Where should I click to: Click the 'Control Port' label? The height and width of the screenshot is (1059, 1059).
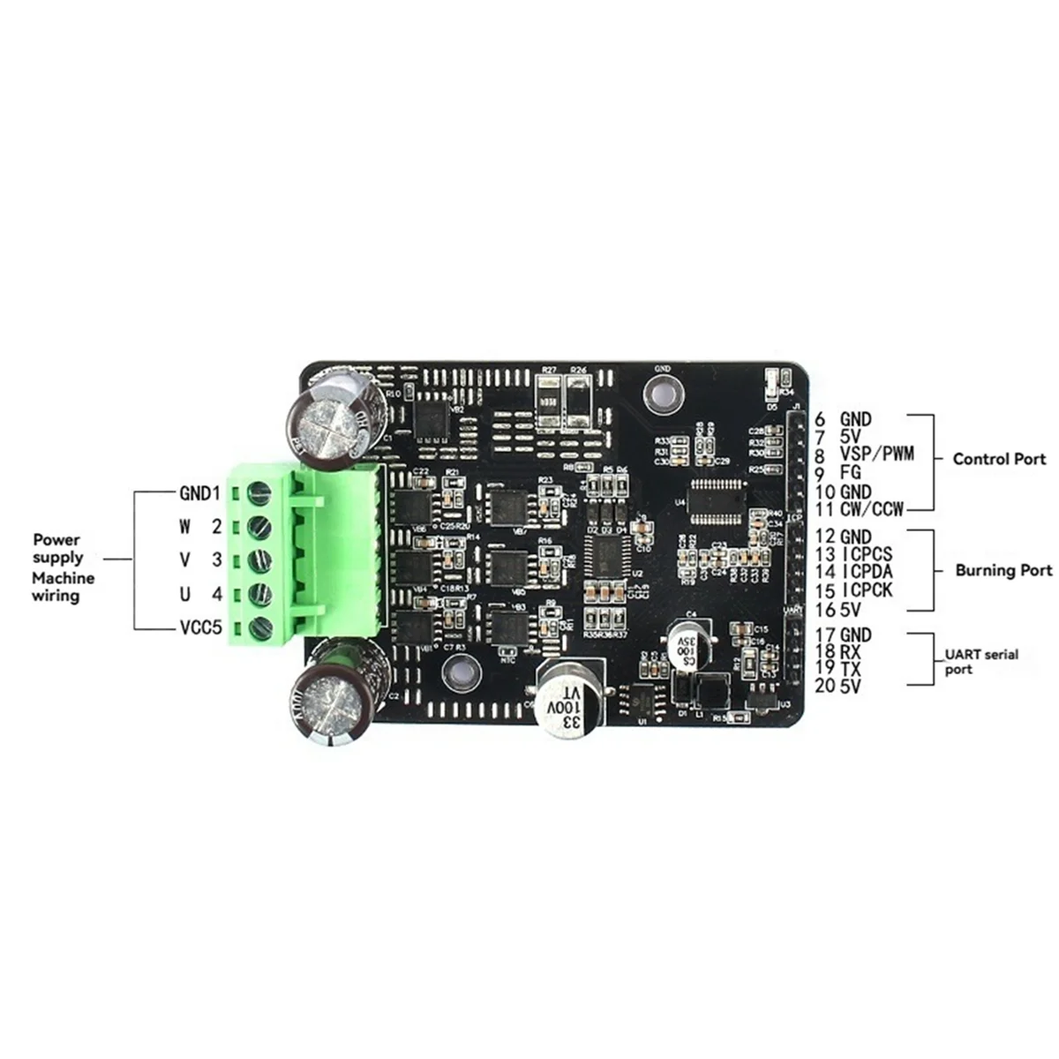999,459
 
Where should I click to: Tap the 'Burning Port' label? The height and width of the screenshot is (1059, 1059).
1003,570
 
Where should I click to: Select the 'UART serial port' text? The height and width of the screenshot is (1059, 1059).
980,661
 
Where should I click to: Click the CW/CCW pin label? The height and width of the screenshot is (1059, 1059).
872,510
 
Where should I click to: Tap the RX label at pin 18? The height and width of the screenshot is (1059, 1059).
850,651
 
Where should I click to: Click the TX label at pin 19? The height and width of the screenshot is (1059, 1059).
850,668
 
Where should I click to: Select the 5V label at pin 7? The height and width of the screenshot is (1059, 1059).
850,438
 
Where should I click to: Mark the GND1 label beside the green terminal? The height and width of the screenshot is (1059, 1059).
199,492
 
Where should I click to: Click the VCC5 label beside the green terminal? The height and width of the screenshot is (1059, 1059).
199,627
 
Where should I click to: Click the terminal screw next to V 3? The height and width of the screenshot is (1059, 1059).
259,560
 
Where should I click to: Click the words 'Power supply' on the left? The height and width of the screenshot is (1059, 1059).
57,548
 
